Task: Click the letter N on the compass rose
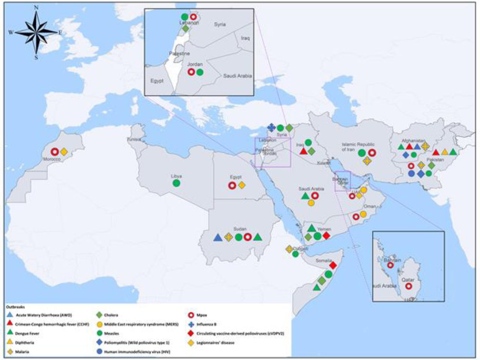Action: point(36,8)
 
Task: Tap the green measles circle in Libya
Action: point(176,183)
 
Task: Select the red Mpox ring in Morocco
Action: point(55,152)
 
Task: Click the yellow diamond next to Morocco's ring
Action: point(64,152)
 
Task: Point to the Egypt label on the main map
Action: point(236,177)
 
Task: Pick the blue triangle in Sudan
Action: point(217,237)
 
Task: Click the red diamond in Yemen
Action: point(326,236)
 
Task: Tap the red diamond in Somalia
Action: point(333,266)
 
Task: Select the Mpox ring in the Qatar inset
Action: point(408,286)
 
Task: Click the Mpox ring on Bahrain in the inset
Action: point(390,265)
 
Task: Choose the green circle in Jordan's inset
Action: point(200,72)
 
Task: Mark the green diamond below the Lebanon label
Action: point(185,28)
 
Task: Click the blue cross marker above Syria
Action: point(271,128)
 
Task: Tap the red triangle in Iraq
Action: point(303,151)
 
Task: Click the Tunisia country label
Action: point(134,139)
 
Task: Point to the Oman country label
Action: point(370,206)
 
